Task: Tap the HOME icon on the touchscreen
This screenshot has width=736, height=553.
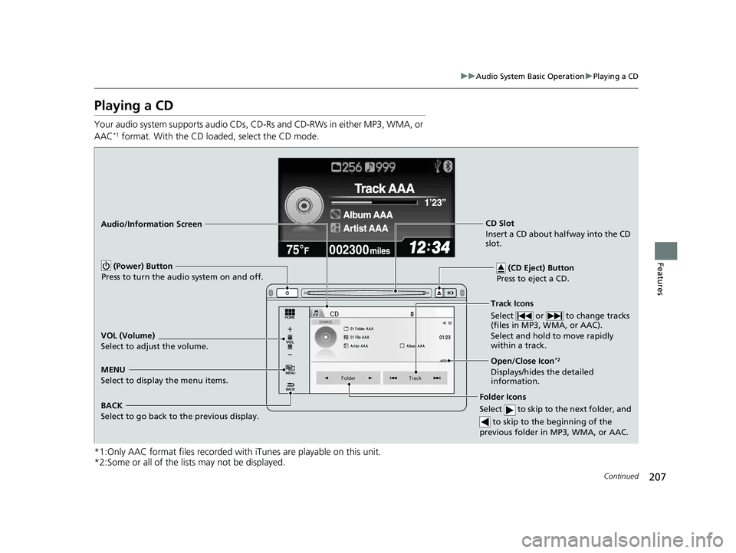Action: click(291, 315)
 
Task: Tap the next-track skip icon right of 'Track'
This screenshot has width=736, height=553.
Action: click(437, 378)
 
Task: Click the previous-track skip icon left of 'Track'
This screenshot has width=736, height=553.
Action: click(393, 378)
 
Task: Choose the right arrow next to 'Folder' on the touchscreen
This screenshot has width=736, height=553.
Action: click(370, 378)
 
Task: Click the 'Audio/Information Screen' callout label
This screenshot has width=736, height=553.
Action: click(151, 224)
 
